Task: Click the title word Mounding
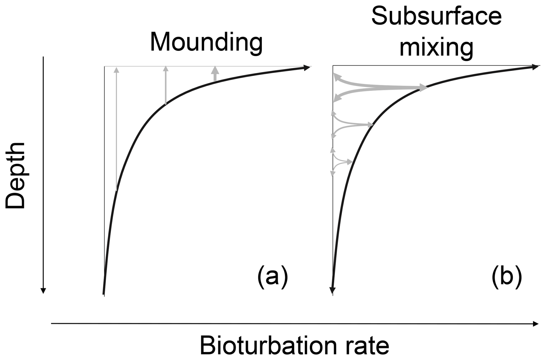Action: [206, 42]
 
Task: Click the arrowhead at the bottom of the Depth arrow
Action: [43, 290]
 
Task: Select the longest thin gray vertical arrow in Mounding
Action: [116, 128]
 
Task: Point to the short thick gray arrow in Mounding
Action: [215, 73]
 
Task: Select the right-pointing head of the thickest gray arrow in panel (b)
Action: [423, 88]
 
